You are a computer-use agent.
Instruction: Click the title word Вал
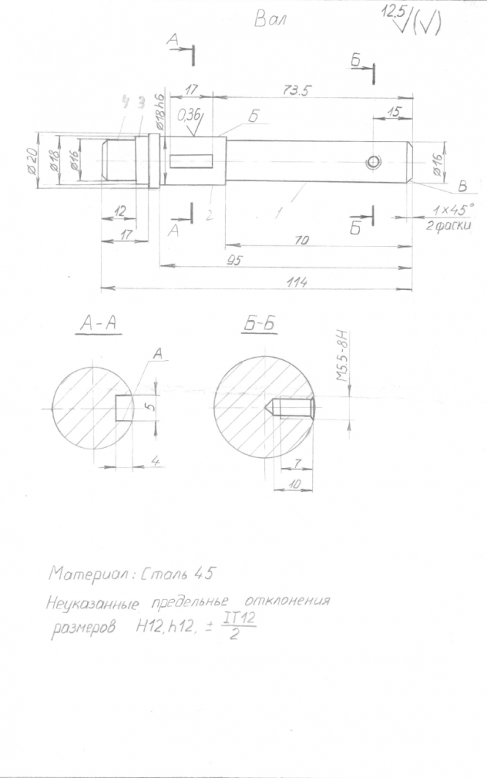coord(271,20)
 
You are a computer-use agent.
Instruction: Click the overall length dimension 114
coord(296,283)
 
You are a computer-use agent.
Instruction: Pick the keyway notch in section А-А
coord(125,408)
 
